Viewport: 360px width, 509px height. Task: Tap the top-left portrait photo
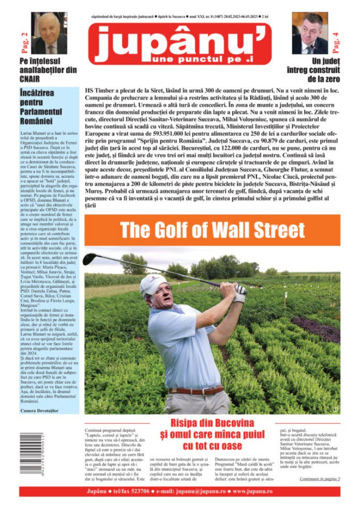click(x=49, y=33)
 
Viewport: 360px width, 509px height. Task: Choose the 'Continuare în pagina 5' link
click(x=320, y=479)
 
